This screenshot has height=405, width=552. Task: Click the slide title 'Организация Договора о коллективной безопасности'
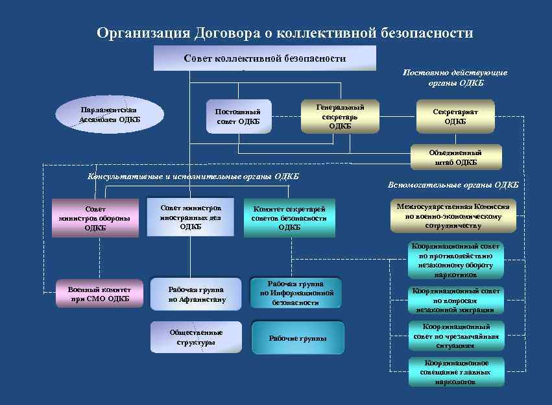(x=285, y=32)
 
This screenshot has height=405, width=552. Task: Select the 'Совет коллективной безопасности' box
(x=265, y=58)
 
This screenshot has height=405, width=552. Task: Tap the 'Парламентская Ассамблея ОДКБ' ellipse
(x=109, y=114)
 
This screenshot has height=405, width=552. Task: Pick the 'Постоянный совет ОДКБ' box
(x=237, y=117)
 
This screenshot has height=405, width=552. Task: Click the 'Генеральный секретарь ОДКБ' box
(x=340, y=116)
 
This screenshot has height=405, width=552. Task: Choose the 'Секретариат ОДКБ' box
(x=455, y=116)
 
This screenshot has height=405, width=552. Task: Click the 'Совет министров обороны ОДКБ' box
(x=95, y=218)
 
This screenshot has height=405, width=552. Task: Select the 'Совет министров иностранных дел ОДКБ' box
(x=190, y=217)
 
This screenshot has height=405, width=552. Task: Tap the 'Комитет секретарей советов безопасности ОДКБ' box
(x=289, y=217)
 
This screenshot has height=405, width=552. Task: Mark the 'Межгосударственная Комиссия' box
(x=453, y=215)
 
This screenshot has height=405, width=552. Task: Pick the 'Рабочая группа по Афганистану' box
(x=197, y=295)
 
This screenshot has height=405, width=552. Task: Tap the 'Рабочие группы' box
(x=298, y=338)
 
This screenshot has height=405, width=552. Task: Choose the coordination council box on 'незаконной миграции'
(x=455, y=301)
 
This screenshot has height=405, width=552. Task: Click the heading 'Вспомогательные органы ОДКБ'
(x=453, y=185)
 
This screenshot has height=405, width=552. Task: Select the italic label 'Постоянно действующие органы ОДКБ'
(x=455, y=78)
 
